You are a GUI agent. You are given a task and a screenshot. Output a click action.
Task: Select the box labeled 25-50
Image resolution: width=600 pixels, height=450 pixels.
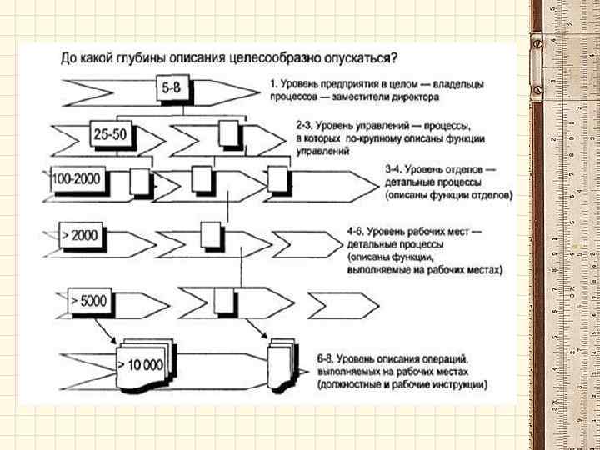tap(110, 133)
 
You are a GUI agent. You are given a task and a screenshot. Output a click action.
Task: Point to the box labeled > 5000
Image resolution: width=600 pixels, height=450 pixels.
tap(89, 300)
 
